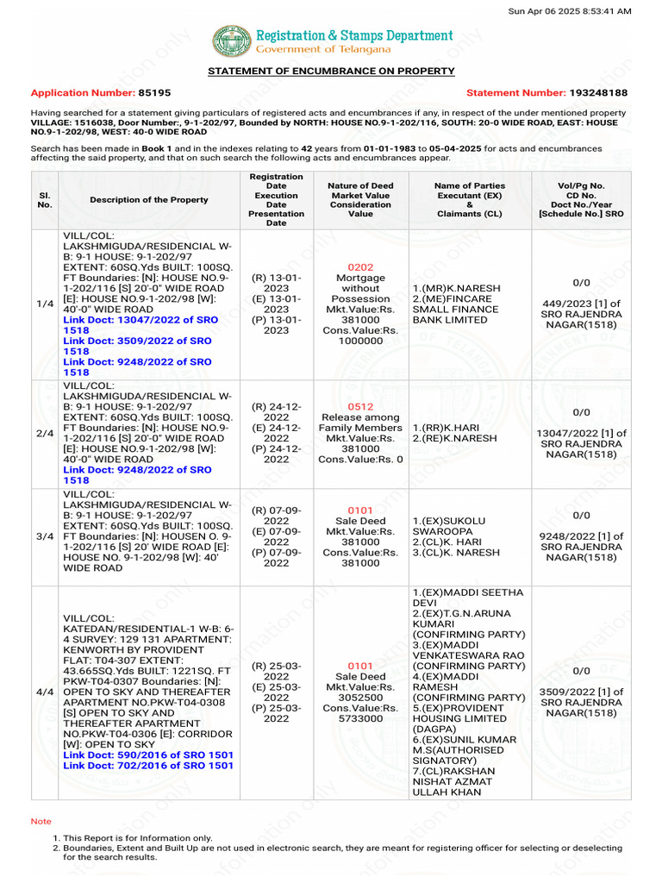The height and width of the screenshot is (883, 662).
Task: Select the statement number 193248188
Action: pos(597,92)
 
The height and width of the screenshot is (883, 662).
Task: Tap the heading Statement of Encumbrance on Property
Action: pos(331,71)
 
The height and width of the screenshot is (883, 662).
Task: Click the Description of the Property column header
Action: pos(148,200)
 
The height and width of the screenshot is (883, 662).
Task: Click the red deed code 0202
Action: pos(360,267)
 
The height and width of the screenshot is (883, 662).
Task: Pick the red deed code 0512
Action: pos(360,406)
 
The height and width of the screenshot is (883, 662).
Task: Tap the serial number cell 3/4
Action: pos(45,536)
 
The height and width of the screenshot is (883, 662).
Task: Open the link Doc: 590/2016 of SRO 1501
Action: pos(148,755)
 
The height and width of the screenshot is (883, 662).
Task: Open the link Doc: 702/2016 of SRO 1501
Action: pos(148,766)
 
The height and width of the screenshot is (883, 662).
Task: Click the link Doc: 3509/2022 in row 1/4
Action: pos(138,347)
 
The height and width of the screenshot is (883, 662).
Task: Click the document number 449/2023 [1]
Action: pos(581,303)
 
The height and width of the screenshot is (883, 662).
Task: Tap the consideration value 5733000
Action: pos(360,718)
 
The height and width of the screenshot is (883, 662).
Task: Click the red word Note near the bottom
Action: pos(41,822)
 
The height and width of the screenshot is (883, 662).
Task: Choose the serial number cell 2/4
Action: pos(45,434)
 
